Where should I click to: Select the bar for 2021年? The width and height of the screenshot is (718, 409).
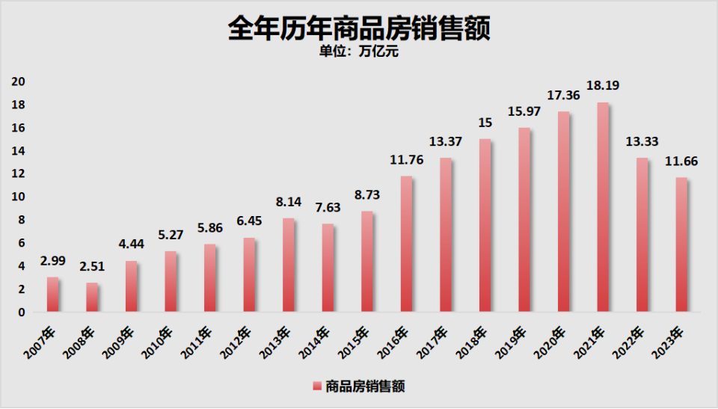[602, 207]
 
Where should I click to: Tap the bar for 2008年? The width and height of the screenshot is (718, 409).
[91, 297]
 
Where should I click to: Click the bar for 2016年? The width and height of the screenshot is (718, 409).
[405, 244]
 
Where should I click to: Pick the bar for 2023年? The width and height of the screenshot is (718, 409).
[681, 245]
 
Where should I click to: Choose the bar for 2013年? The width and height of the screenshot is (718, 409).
[288, 265]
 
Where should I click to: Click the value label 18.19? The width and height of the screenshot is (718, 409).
[602, 87]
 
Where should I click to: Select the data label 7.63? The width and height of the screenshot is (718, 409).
[327, 208]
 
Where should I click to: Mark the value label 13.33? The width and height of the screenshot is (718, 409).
[641, 142]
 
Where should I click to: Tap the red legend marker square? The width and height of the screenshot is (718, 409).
[317, 386]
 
